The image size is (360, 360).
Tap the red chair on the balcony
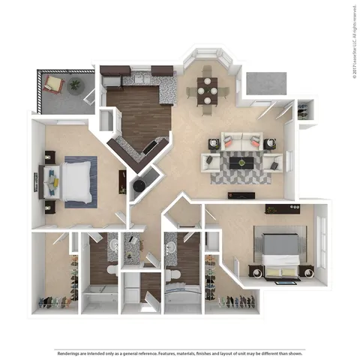53,82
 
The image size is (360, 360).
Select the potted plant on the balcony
75,85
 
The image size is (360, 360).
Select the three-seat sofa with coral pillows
239,140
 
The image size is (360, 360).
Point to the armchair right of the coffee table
275,160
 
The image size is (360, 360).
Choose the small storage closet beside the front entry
304,111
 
